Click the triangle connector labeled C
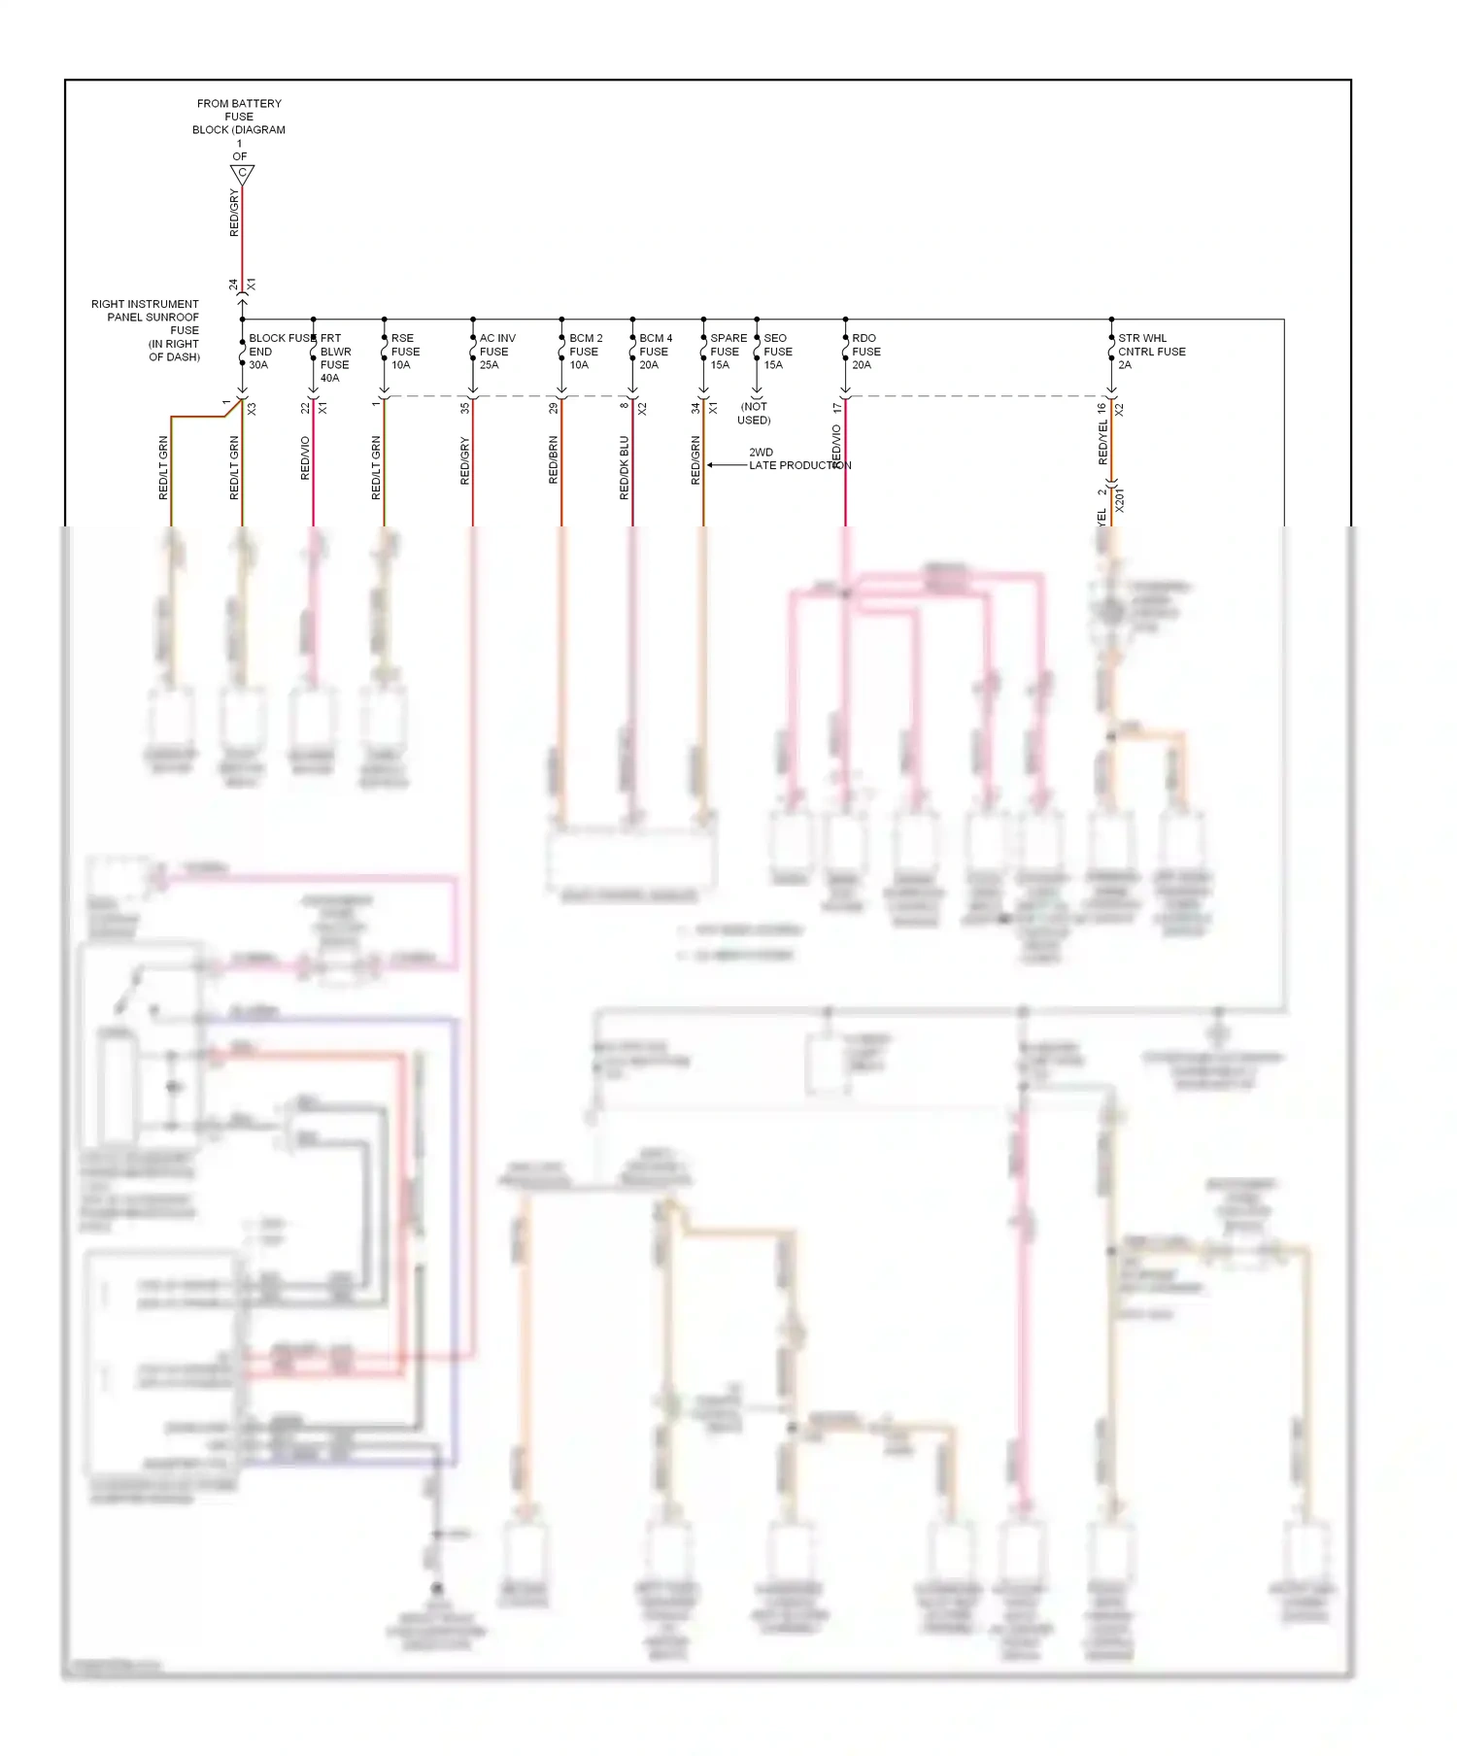coord(242,174)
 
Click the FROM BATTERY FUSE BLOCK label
coord(239,117)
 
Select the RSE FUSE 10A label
coord(405,352)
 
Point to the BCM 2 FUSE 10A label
coord(585,352)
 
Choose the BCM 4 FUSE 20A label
coord(655,352)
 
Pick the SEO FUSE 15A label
coord(777,352)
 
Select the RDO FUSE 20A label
coord(865,352)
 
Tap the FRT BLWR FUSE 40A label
coord(335,358)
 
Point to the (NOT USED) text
coord(754,414)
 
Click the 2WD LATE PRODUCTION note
coord(796,459)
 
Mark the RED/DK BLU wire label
coord(625,467)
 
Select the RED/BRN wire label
coord(554,460)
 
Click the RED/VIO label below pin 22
coord(305,458)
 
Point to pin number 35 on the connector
coord(465,408)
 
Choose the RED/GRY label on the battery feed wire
coord(234,214)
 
